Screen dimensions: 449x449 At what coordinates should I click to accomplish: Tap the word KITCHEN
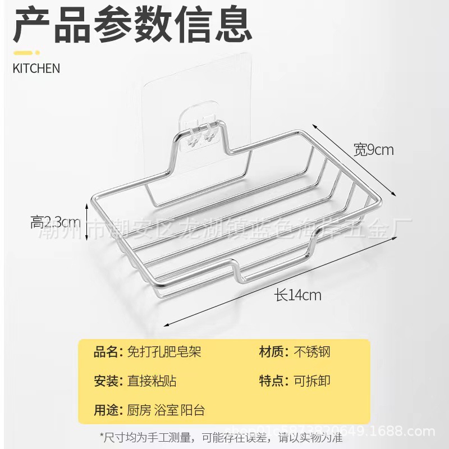point(36,68)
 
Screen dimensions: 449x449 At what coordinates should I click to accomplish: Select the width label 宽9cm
point(373,150)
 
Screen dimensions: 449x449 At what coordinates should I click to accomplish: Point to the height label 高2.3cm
point(56,222)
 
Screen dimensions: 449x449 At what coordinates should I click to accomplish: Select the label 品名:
point(108,352)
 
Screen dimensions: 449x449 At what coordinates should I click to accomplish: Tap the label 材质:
point(274,352)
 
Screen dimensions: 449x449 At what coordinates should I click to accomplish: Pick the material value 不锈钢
point(312,352)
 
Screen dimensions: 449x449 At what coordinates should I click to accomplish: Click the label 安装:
point(108,381)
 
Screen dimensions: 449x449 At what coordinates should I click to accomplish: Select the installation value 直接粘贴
point(152,381)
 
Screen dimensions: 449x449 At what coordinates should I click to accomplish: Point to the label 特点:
point(274,381)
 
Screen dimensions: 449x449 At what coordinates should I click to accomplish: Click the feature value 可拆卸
point(312,381)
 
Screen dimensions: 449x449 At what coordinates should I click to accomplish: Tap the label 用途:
point(108,410)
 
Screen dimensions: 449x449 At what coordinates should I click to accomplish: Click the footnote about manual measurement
point(224,437)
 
